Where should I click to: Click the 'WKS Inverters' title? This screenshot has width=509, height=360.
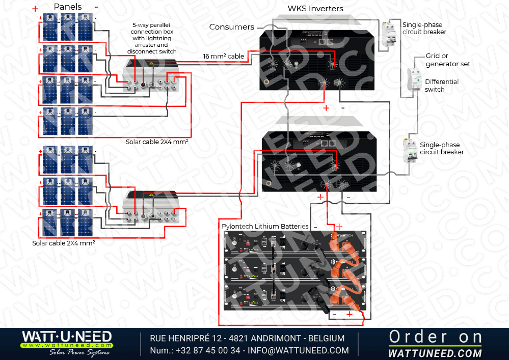pyautogui.click(x=315, y=9)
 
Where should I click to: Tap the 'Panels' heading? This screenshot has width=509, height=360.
pyautogui.click(x=68, y=7)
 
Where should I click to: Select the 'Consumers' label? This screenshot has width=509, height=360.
pyautogui.click(x=231, y=27)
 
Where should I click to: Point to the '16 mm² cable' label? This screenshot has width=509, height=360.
pyautogui.click(x=224, y=56)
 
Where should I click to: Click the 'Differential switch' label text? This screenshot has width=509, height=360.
pyautogui.click(x=442, y=86)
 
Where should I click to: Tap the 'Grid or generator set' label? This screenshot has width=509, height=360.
pyautogui.click(x=448, y=60)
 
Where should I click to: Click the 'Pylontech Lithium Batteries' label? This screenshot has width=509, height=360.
pyautogui.click(x=265, y=226)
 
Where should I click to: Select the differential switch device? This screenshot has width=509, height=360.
pyautogui.click(x=415, y=80)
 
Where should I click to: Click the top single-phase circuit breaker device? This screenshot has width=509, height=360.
pyautogui.click(x=390, y=34)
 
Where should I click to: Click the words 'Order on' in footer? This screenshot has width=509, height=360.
pyautogui.click(x=436, y=337)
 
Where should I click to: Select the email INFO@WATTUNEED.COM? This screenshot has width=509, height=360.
pyautogui.click(x=298, y=350)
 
